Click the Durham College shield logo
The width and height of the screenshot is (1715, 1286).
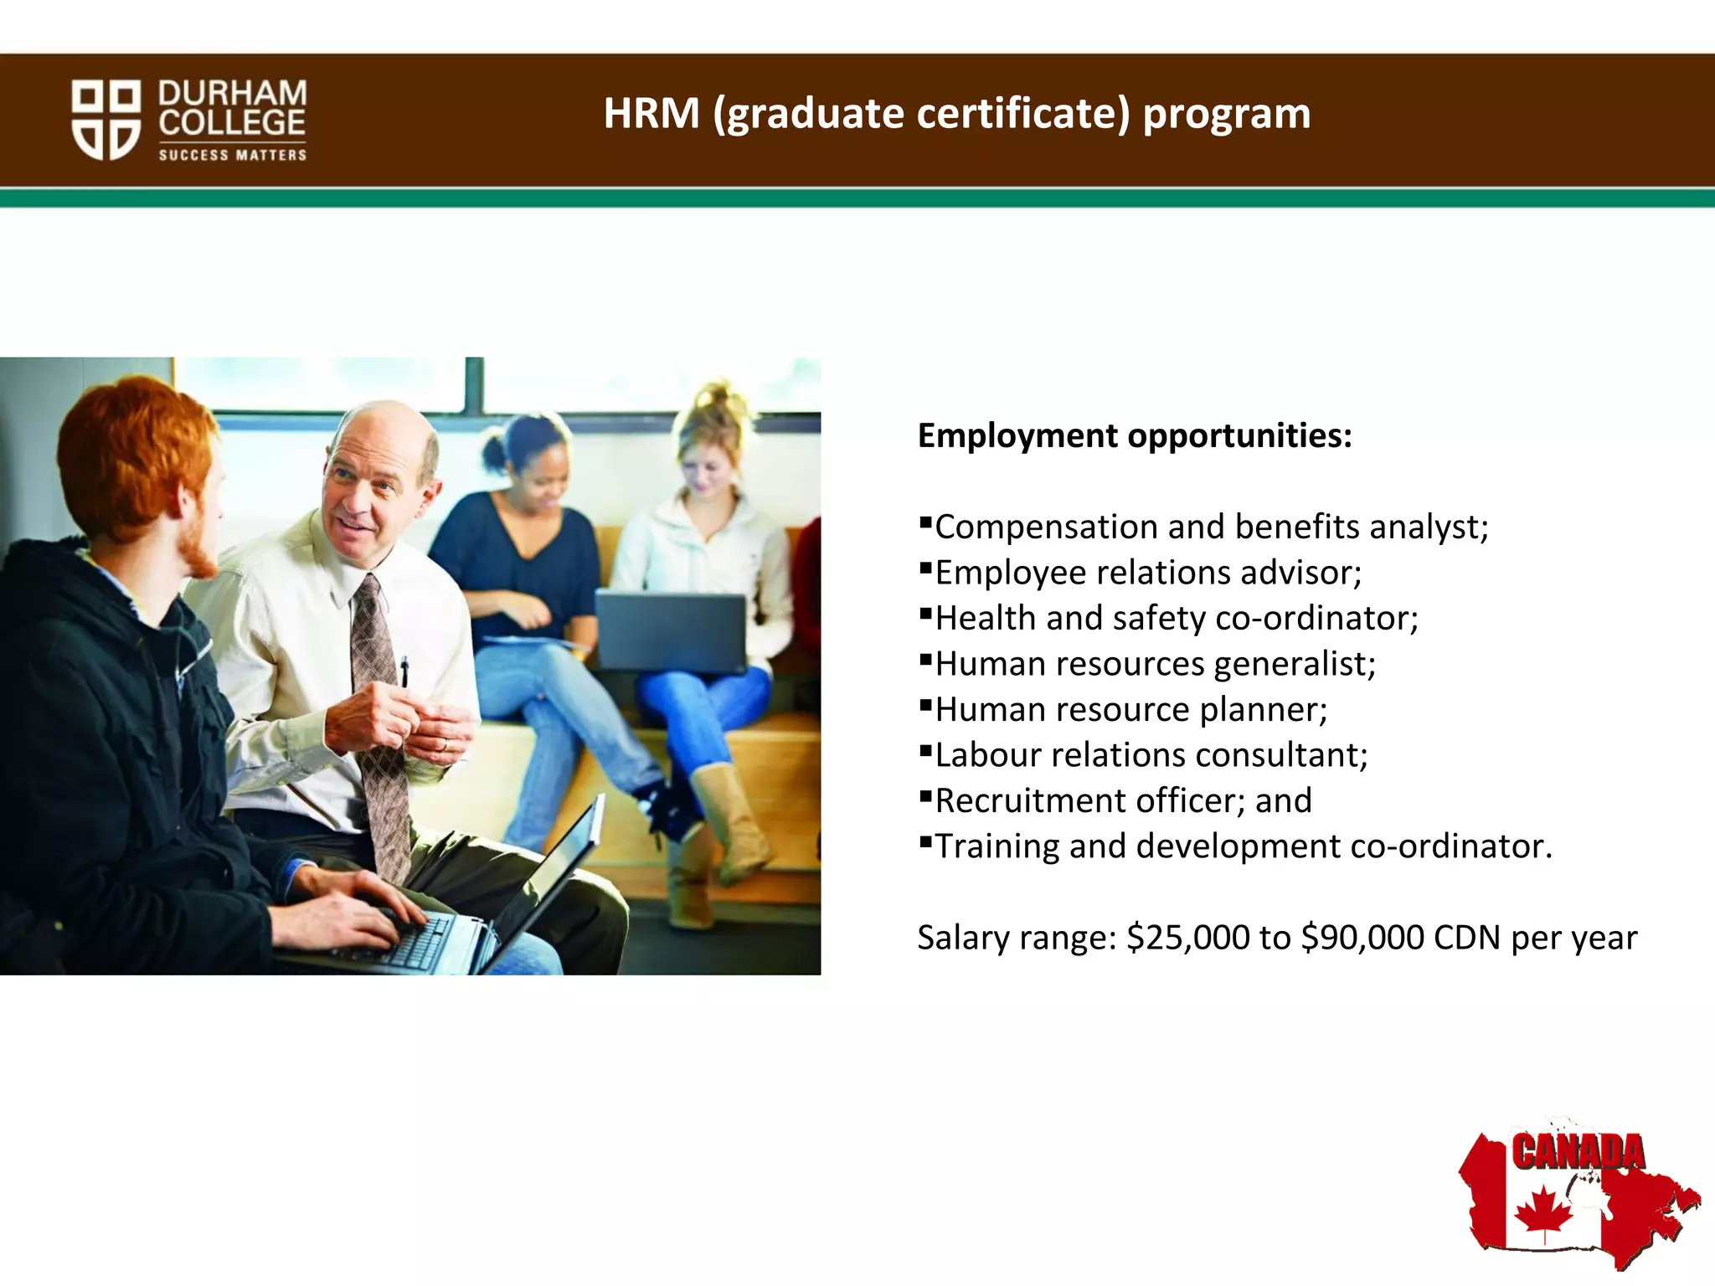106,119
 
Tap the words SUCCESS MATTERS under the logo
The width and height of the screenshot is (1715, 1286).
233,155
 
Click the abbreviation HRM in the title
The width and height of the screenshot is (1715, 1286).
651,114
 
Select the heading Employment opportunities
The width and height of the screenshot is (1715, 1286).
1135,435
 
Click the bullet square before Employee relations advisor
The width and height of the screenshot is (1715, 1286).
925,568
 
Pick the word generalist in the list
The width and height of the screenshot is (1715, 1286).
1294,664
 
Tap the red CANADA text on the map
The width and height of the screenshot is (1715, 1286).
1578,1152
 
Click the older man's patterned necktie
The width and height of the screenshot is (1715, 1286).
380,720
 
